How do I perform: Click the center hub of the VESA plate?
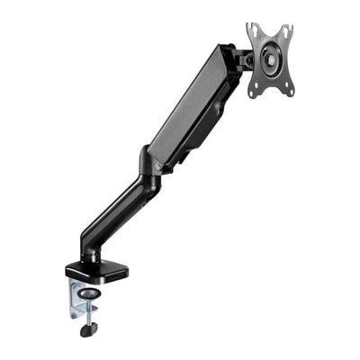[269, 56]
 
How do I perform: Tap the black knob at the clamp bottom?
[87, 329]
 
